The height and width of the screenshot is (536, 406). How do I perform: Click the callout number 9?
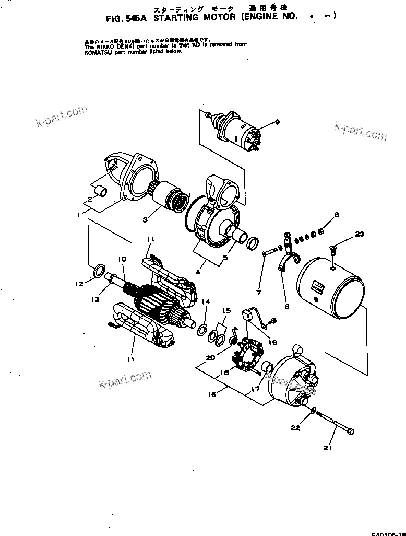pyautogui.click(x=278, y=122)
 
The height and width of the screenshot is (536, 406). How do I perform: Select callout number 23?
pyautogui.click(x=360, y=235)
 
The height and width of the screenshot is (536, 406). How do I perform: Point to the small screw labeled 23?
pyautogui.click(x=332, y=249)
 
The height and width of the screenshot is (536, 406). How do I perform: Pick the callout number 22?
pyautogui.click(x=295, y=428)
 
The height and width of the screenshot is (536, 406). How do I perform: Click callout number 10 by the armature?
pyautogui.click(x=122, y=259)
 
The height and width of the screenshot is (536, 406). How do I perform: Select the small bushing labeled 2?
pyautogui.click(x=103, y=191)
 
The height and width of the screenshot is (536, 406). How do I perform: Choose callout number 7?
pyautogui.click(x=259, y=292)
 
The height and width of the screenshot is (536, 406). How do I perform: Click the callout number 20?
pyautogui.click(x=210, y=358)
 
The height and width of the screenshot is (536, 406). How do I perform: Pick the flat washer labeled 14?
pyautogui.click(x=201, y=329)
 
